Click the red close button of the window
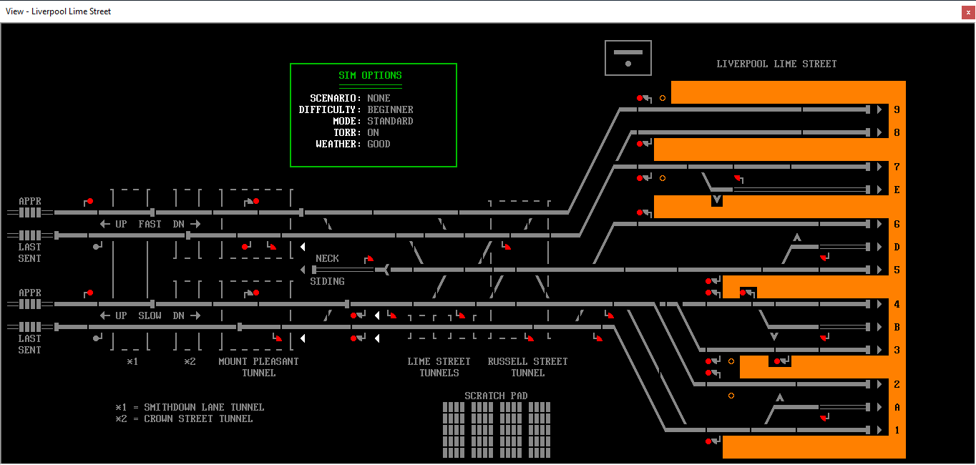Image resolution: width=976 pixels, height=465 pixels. [968, 12]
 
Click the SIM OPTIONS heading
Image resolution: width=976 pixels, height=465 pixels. [371, 75]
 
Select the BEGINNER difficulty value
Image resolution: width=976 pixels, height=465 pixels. [390, 109]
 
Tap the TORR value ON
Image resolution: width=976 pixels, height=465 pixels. [373, 132]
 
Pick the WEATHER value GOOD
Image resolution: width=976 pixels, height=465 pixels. [379, 144]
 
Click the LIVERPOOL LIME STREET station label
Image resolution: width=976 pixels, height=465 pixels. [776, 64]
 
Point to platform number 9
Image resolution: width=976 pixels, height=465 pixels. [897, 109]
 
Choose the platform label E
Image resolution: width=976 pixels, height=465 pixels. [897, 190]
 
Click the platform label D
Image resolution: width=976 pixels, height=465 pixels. [897, 247]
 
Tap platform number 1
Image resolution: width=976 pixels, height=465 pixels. [897, 430]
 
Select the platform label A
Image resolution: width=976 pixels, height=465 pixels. [897, 407]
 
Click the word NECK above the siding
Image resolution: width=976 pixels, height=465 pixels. [327, 258]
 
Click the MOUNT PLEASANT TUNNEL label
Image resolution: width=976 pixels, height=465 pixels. [258, 367]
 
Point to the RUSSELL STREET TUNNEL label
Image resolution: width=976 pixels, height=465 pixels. [527, 367]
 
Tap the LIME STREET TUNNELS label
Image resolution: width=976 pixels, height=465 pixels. [439, 367]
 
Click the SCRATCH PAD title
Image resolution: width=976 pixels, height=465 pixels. [496, 396]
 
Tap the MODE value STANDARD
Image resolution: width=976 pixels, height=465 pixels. [390, 121]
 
